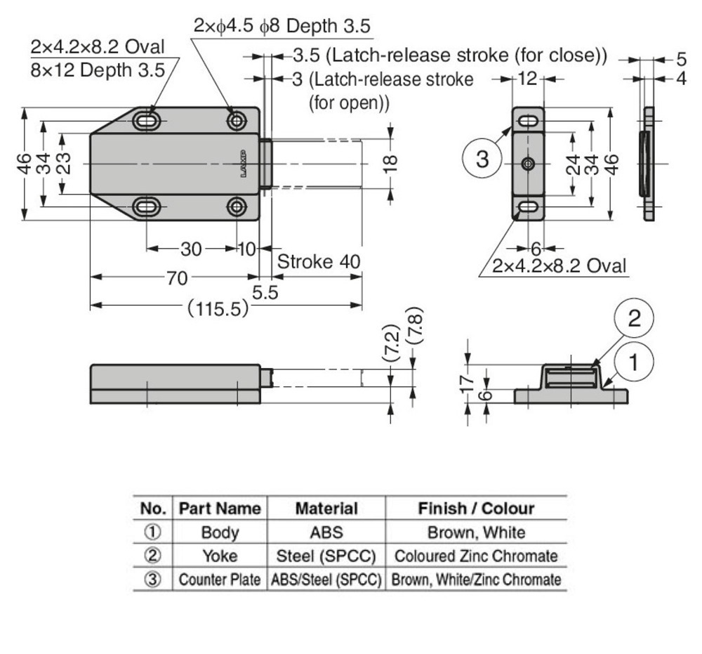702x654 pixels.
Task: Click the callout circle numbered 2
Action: coord(634,319)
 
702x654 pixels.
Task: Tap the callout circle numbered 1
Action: coord(634,363)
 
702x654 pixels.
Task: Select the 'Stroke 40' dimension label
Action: coord(319,262)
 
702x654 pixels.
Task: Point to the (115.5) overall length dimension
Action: coord(218,307)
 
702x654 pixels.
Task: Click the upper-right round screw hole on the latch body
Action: coord(237,121)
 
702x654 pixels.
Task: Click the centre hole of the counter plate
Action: coord(529,164)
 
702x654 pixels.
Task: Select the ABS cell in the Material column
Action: coord(326,532)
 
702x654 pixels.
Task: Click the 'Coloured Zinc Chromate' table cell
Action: coord(476,556)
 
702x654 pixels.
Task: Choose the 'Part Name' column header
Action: coord(219,508)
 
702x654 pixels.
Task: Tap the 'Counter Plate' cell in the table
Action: coord(219,580)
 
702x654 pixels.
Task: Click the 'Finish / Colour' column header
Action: coord(476,508)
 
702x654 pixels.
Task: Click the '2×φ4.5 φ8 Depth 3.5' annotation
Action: coord(282,26)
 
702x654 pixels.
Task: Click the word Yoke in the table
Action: coord(219,556)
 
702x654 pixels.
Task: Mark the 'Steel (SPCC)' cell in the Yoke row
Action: coord(326,556)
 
